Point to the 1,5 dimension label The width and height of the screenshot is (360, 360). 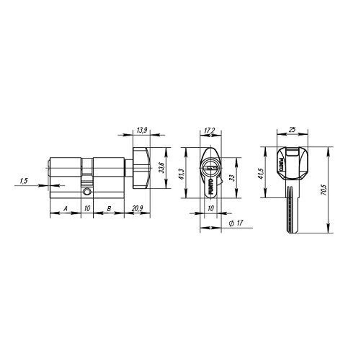point(24,181)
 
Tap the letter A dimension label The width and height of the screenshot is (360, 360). point(65,208)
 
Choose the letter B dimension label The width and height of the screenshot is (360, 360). point(109,208)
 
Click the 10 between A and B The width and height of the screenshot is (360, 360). point(87,208)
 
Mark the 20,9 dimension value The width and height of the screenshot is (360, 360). point(137,208)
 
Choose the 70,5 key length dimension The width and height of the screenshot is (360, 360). point(323,190)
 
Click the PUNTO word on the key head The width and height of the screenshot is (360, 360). point(280,164)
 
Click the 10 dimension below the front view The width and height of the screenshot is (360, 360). point(211,208)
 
